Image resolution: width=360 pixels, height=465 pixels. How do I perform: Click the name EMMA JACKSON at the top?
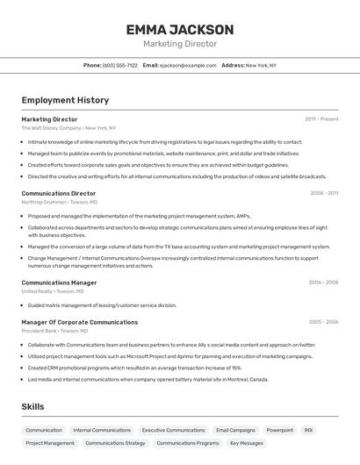tap(180, 29)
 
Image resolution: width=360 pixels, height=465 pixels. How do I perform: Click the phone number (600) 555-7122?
tap(120, 65)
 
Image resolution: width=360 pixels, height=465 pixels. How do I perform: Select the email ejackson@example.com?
tap(188, 65)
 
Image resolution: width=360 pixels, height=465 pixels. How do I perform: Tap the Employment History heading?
tap(65, 100)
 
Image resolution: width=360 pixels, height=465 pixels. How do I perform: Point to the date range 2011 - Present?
tap(321, 119)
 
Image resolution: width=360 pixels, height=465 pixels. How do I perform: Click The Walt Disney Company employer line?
tap(68, 128)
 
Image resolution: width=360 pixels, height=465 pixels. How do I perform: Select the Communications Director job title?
tap(59, 193)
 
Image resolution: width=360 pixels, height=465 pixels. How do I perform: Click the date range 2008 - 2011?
tap(324, 193)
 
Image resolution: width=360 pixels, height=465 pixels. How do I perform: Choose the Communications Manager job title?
tap(59, 283)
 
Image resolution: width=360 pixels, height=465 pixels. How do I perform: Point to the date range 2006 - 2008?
tap(323, 283)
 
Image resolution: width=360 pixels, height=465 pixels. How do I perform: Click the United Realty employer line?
tap(53, 291)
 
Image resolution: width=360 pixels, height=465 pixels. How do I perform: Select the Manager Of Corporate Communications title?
tap(79, 322)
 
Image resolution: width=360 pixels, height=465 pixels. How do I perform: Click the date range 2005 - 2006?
tap(323, 322)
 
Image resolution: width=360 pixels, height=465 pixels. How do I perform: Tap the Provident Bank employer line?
tap(54, 331)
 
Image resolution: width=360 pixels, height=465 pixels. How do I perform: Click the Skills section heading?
tap(32, 407)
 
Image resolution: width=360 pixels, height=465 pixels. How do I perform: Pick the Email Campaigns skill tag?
tap(235, 431)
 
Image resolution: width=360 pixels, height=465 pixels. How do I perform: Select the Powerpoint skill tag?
tap(280, 431)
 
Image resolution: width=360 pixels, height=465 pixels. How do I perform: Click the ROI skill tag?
tap(308, 431)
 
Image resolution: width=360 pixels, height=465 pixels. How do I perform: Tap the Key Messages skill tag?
tap(246, 443)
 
